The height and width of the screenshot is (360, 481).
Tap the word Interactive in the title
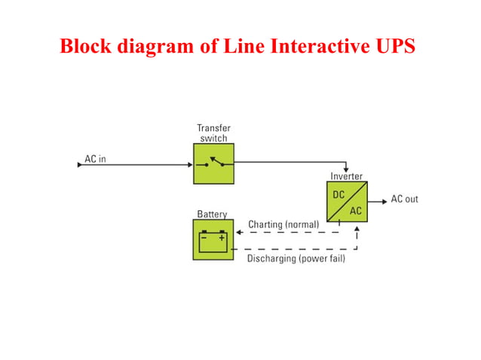pos(299,46)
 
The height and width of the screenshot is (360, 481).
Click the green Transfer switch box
pos(213,163)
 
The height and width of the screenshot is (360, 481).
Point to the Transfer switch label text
pos(213,133)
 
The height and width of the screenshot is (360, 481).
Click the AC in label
pos(95,160)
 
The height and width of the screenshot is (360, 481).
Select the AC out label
pos(404,200)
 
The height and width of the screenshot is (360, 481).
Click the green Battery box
pos(213,240)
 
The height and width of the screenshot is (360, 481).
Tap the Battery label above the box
pos(212,214)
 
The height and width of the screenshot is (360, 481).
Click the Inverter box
pos(346,201)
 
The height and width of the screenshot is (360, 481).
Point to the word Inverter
pos(346,176)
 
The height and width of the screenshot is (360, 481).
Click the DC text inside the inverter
pos(339,194)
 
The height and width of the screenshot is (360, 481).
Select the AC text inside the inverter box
pos(355,211)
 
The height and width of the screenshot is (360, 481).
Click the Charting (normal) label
pos(283,224)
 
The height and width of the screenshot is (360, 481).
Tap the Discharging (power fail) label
pos(296,260)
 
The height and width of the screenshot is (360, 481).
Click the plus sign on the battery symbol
pos(222,237)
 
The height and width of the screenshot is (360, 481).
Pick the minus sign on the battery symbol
pos(204,237)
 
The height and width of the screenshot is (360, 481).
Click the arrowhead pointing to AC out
pos(383,200)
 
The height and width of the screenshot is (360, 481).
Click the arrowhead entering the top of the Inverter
pos(346,169)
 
